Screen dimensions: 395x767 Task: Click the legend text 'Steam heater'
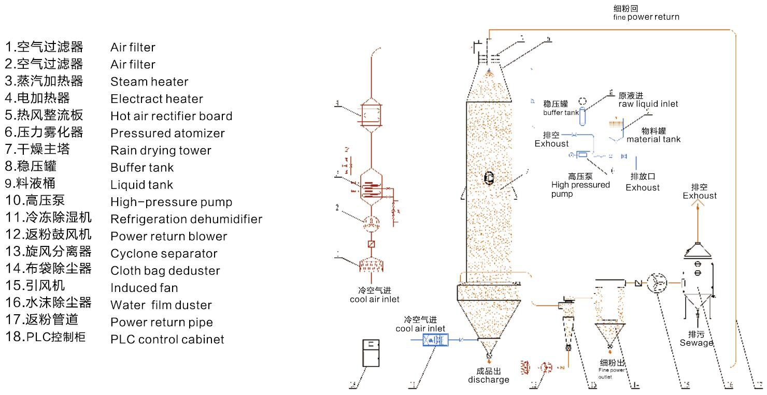(149, 82)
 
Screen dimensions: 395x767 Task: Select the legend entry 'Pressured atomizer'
(167, 134)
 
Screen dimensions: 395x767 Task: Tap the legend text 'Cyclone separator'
(164, 254)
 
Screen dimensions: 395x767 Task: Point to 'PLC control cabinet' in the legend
(167, 340)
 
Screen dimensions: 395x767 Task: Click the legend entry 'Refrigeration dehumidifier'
(186, 220)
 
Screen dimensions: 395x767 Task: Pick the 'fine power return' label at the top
(646, 17)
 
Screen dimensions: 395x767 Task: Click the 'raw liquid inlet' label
(648, 104)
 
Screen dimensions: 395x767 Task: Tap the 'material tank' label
(654, 139)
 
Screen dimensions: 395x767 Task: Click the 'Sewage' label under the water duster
(697, 343)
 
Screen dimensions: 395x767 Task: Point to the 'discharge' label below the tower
(489, 379)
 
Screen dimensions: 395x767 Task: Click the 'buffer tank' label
(561, 113)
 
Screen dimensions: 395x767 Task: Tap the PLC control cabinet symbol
(371, 353)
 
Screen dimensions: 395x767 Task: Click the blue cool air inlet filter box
(435, 340)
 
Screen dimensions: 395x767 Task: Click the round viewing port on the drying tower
(489, 178)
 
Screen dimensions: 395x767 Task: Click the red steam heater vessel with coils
(372, 185)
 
